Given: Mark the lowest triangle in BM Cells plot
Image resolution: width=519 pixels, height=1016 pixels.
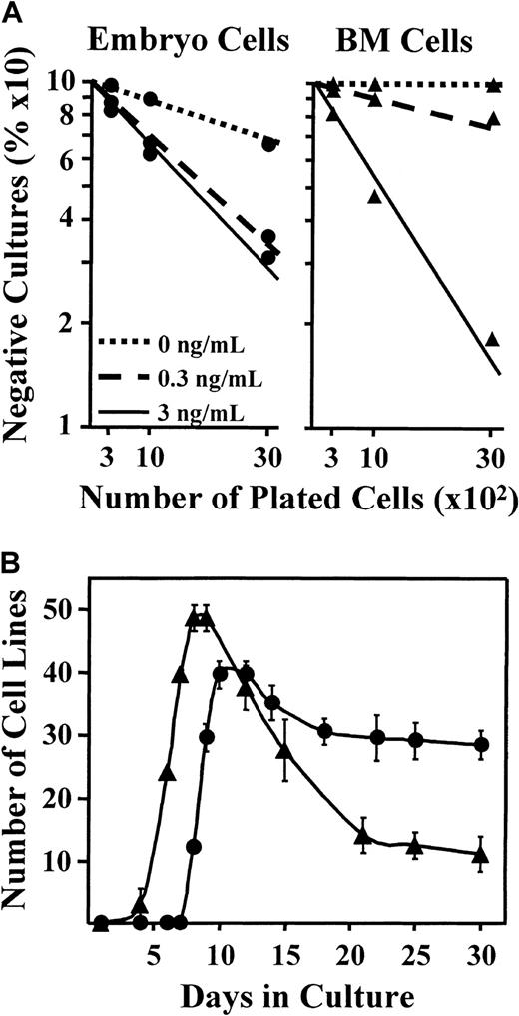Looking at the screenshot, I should (x=492, y=340).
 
